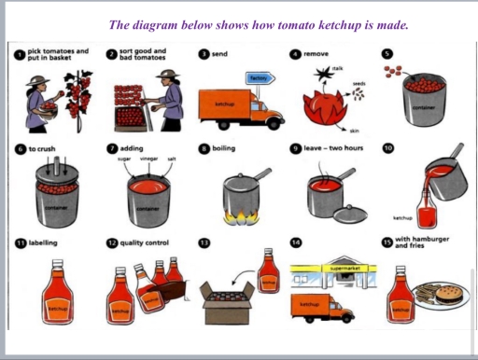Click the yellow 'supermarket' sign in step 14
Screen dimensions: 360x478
[334, 269]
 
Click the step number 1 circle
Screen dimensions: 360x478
[20, 56]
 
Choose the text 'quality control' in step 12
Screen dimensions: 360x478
[144, 243]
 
